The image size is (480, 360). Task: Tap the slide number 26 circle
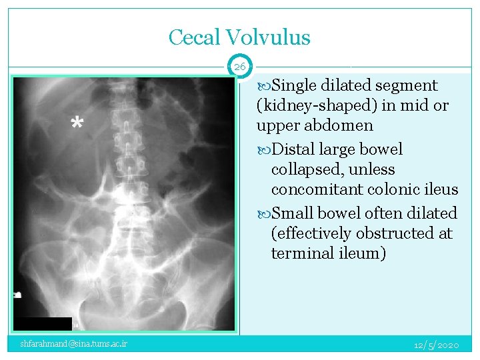(x=240, y=67)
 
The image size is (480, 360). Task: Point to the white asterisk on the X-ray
(x=77, y=124)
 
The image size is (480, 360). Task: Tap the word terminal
(x=301, y=253)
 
